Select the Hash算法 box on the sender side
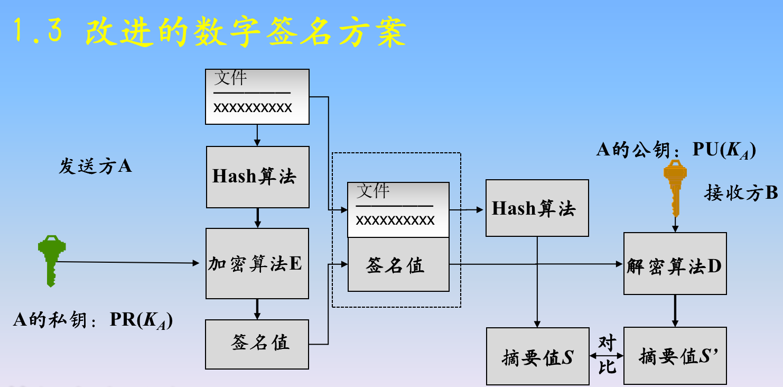[257, 177]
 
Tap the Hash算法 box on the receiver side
[537, 208]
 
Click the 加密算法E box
[257, 263]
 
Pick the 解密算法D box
[675, 263]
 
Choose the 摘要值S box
[537, 356]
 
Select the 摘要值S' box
[675, 356]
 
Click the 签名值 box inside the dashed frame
[398, 265]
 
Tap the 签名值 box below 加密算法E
[257, 344]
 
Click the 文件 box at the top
[257, 97]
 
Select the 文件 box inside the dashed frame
[398, 210]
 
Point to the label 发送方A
[95, 167]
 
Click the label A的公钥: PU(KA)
[676, 151]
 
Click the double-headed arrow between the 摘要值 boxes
[607, 356]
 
